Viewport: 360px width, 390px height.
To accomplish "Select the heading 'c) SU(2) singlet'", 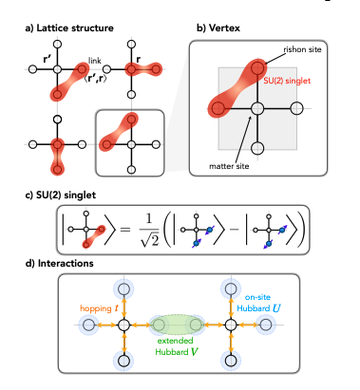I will [x=57, y=193].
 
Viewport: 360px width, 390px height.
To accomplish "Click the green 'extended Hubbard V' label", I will [x=177, y=350].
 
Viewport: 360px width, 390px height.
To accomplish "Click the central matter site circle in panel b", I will [x=256, y=109].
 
